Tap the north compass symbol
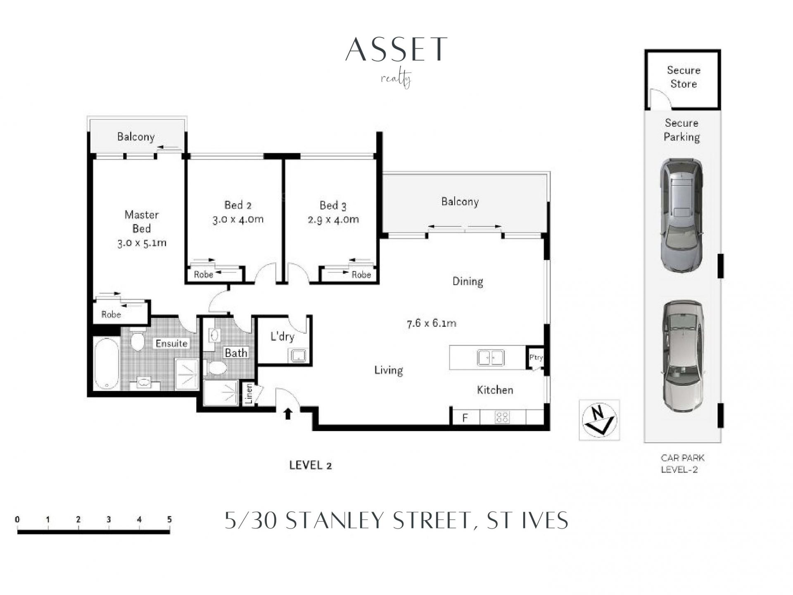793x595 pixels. [x=599, y=420]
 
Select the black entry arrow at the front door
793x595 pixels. [x=288, y=414]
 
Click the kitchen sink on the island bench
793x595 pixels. [x=490, y=358]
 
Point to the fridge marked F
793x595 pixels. [x=465, y=417]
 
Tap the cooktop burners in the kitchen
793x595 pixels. [x=502, y=417]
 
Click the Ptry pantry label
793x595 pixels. [x=536, y=357]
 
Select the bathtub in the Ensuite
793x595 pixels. [x=107, y=364]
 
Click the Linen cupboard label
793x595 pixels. [x=249, y=394]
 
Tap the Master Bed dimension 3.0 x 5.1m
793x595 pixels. [x=142, y=243]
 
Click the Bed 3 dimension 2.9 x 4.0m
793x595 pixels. [x=333, y=219]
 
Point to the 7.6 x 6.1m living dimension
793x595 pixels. [x=432, y=323]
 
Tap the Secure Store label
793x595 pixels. [x=684, y=77]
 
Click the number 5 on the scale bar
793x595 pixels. [x=169, y=519]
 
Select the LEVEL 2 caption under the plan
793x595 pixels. [x=311, y=465]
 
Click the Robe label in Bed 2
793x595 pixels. [x=204, y=274]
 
